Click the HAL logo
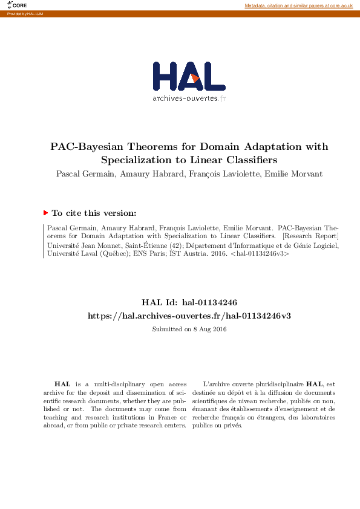tap(188, 76)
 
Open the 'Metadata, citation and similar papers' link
tap(298, 5)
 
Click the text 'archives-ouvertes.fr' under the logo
tap(189, 99)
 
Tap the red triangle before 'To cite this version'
tap(45, 213)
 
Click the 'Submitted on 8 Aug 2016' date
tap(188, 329)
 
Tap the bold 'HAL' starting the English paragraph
tap(62, 384)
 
